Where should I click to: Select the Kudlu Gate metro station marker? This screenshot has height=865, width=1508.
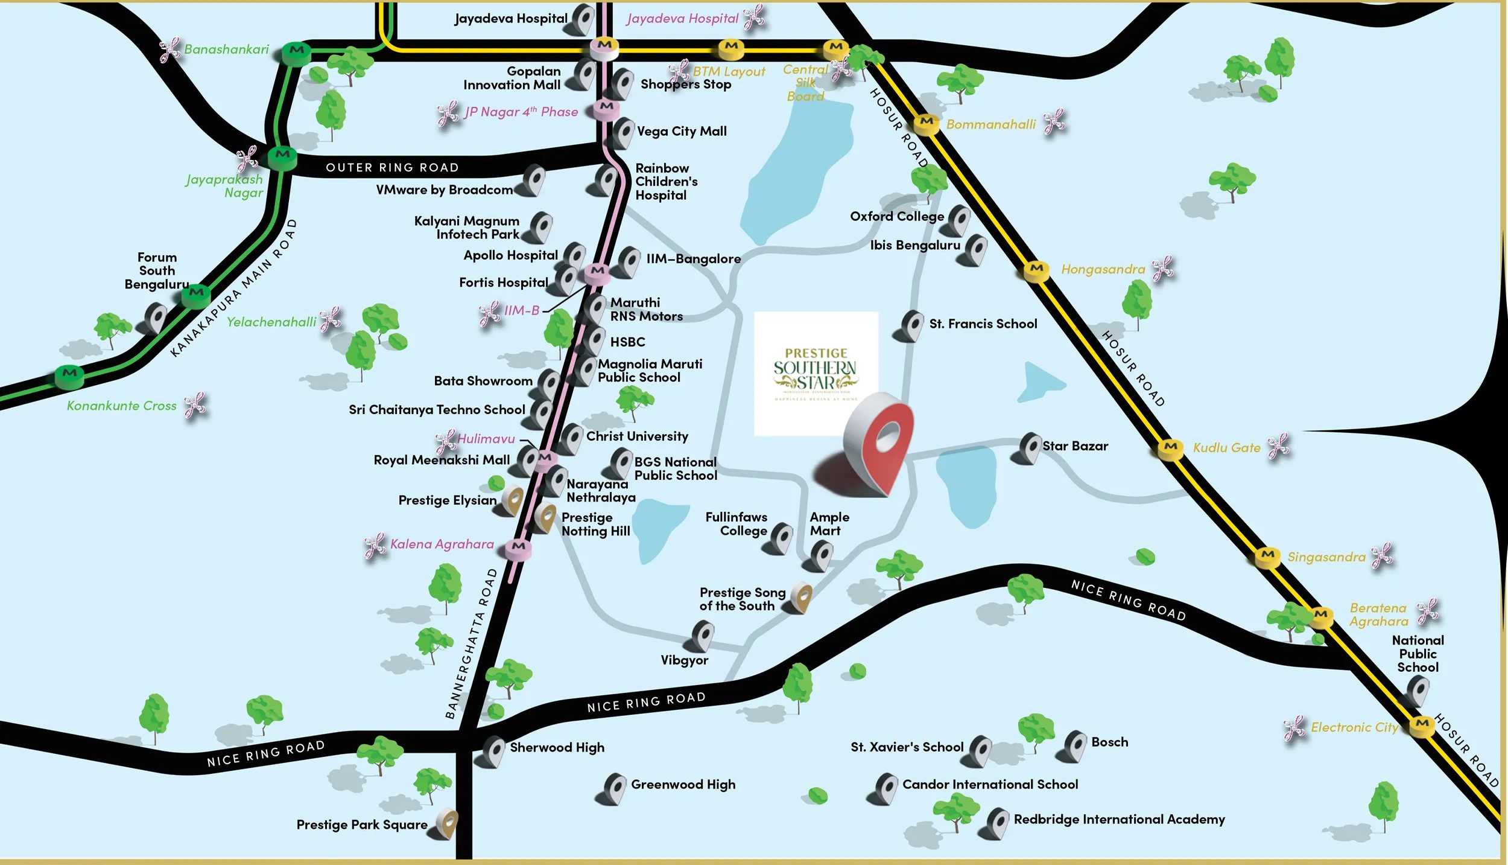click(x=1170, y=448)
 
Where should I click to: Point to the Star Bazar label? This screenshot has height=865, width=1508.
click(x=1075, y=446)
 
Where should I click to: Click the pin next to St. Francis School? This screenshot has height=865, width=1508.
click(x=911, y=325)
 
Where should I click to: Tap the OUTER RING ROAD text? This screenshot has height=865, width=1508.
click(x=392, y=167)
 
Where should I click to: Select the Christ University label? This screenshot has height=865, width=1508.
click(x=637, y=436)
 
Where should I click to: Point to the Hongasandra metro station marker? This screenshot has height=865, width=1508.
click(x=1036, y=270)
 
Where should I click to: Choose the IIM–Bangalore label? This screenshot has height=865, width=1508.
click(x=693, y=259)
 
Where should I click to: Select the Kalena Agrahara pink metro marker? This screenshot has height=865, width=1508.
click(x=518, y=547)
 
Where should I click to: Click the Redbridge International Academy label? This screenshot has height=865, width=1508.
click(x=1119, y=819)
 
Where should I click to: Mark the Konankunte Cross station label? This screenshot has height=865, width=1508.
click(x=122, y=406)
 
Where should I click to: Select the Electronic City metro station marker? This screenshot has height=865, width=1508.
click(x=1422, y=725)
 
